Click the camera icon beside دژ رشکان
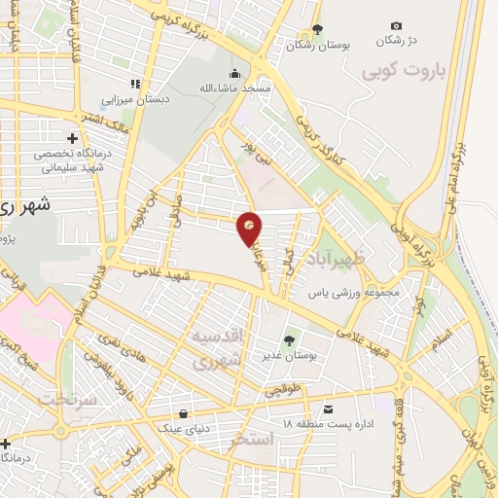pos(396,25)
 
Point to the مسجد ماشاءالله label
pos(236,89)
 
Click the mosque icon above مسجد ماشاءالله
pos(234,73)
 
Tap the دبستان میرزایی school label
pos(137,99)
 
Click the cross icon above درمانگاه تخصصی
pos(74,138)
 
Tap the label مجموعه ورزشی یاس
pos(350,292)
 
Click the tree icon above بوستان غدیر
pos(288,340)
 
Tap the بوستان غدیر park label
pos(288,357)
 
